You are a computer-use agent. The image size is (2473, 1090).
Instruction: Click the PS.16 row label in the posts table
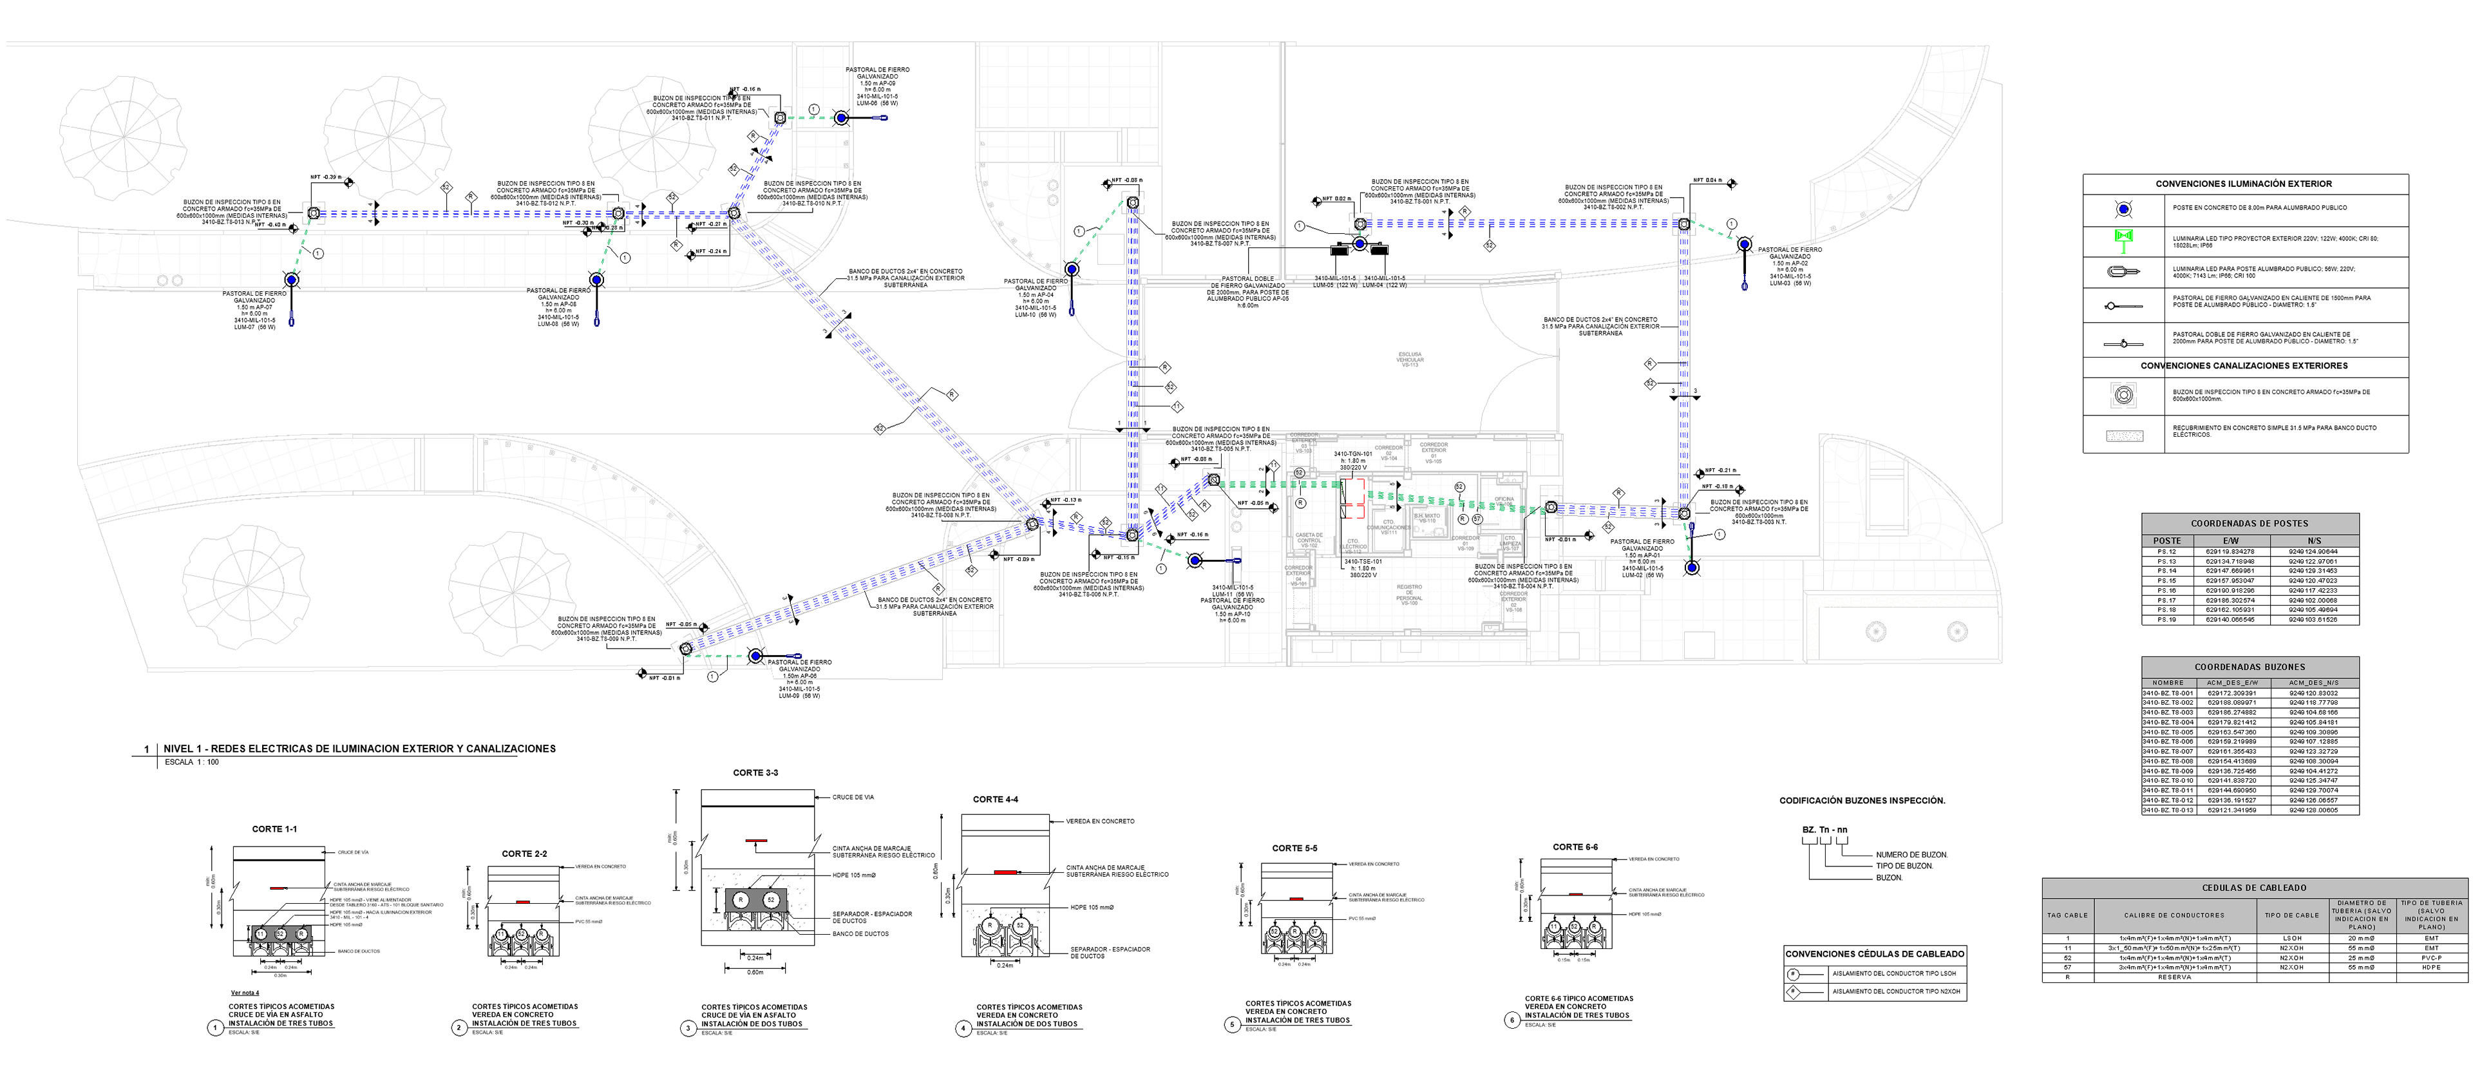(x=2166, y=591)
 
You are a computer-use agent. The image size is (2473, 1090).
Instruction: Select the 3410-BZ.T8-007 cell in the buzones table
(x=2168, y=752)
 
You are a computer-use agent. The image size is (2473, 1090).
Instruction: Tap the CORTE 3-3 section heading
(x=755, y=773)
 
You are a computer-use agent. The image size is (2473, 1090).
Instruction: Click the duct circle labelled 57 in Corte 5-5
(x=1314, y=932)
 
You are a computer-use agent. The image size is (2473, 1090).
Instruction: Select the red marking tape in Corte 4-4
(x=1004, y=872)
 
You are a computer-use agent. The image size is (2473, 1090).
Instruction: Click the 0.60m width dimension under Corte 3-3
(x=755, y=972)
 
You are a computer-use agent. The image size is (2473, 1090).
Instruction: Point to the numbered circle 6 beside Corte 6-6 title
(x=1512, y=1020)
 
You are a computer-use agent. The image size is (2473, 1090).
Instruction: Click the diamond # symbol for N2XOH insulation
(x=1792, y=991)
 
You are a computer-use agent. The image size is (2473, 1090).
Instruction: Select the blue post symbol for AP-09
(x=841, y=118)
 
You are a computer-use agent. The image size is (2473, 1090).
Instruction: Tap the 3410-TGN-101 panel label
(x=1352, y=454)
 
